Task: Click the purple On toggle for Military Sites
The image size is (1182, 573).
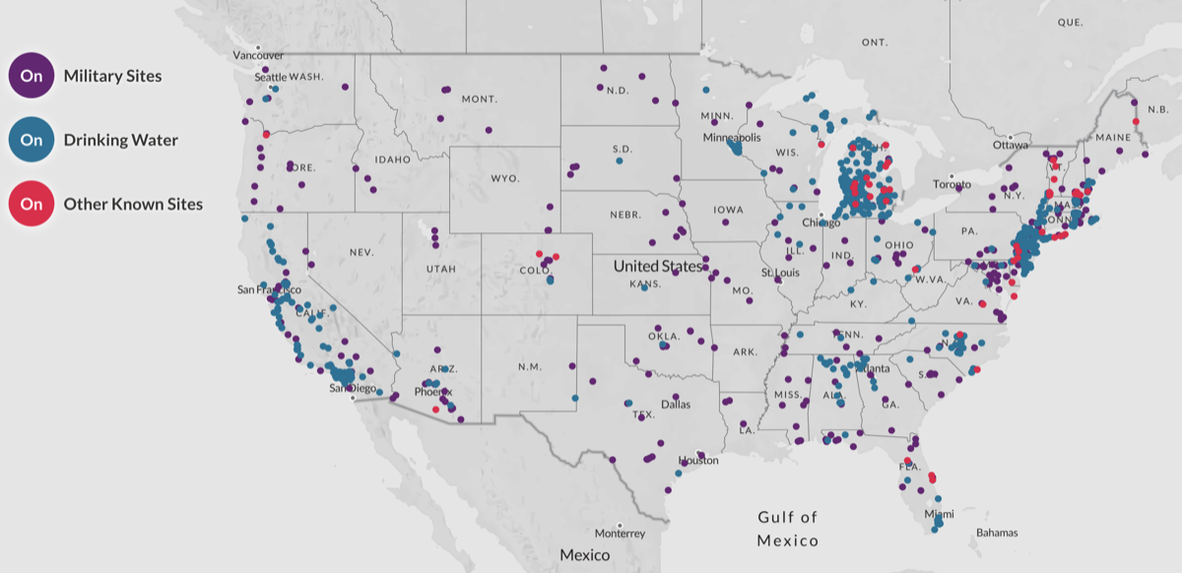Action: (x=32, y=76)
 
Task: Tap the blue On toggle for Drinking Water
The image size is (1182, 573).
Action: (x=32, y=140)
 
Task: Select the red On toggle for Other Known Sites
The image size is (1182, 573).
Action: (x=32, y=205)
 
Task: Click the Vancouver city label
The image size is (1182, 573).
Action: (x=258, y=55)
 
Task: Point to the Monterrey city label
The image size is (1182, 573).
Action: (x=620, y=534)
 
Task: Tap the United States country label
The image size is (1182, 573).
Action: (x=658, y=266)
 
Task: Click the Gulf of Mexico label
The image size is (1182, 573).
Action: (x=788, y=529)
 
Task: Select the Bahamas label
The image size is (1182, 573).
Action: (x=998, y=533)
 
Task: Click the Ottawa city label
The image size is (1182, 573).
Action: (x=1010, y=145)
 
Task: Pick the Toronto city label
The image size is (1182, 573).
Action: (x=952, y=184)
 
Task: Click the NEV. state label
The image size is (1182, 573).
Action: (x=361, y=253)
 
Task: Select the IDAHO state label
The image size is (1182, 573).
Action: (x=392, y=159)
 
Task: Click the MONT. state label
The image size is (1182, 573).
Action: (x=479, y=99)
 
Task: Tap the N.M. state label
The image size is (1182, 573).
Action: (x=530, y=367)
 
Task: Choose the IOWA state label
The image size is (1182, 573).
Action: (x=730, y=210)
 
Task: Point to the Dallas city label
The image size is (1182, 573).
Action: (x=676, y=404)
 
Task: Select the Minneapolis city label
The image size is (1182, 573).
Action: (x=732, y=138)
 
